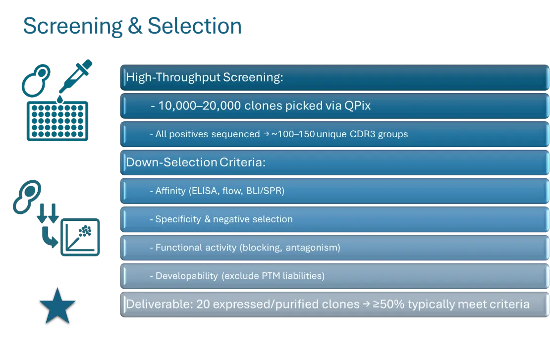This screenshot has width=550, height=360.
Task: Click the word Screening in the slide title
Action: [x=73, y=27]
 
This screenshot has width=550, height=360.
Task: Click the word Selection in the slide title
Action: [x=195, y=26]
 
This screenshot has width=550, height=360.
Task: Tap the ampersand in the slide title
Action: [x=135, y=26]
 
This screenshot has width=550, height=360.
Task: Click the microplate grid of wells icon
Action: [x=57, y=121]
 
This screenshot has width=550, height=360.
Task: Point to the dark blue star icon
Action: [x=57, y=306]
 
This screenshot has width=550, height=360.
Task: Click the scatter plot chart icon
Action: [x=80, y=237]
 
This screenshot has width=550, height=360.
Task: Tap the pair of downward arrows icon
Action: [x=48, y=213]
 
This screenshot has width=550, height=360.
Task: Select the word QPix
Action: [x=357, y=105]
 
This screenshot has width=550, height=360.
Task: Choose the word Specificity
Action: [x=178, y=219]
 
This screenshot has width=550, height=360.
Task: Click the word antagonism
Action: [x=313, y=248]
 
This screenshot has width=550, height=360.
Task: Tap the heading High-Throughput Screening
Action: [x=205, y=77]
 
